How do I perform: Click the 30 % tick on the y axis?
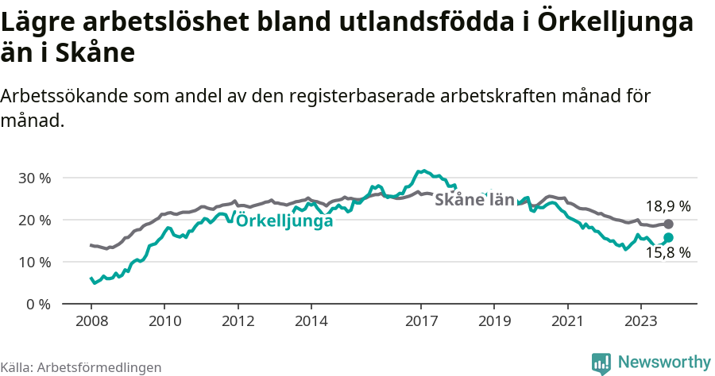[x=33, y=178]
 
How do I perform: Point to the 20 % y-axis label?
[x=33, y=220]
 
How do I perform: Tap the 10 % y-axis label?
[x=33, y=262]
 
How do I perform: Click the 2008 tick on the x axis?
[x=91, y=322]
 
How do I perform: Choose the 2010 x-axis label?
[x=164, y=322]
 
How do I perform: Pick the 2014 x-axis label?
[x=311, y=322]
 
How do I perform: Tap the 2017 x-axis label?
[x=422, y=322]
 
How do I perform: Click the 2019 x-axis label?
[x=495, y=322]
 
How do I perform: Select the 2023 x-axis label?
[x=642, y=322]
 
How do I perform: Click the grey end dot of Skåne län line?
[x=668, y=224]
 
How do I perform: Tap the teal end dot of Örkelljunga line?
[x=668, y=237]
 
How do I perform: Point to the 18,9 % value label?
[x=667, y=206]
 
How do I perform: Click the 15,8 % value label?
[x=667, y=253]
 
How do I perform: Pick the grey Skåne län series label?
[x=475, y=200]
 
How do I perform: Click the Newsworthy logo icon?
[x=601, y=363]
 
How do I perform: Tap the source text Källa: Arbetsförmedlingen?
[x=81, y=367]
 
